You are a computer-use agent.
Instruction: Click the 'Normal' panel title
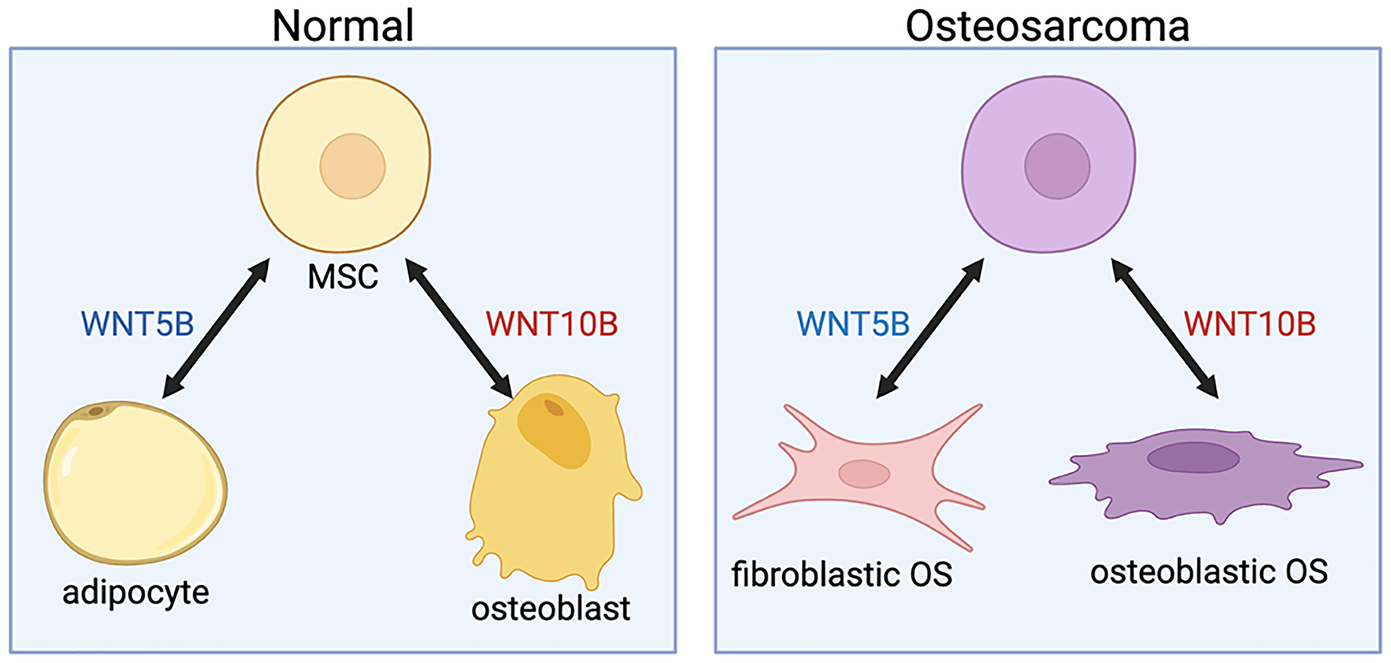point(343,26)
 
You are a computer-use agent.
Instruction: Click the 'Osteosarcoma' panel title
point(1047,26)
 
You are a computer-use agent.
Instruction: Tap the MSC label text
point(343,277)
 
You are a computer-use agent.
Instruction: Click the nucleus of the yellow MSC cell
point(353,167)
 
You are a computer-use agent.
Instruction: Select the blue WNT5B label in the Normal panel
point(137,324)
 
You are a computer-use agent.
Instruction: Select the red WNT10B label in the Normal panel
point(552,324)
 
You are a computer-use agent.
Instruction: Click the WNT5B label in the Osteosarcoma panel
point(853,324)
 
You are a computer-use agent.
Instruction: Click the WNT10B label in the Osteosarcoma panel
point(1249,324)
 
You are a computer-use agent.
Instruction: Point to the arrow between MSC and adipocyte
point(216,328)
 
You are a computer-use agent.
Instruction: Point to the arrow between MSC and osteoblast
point(459,328)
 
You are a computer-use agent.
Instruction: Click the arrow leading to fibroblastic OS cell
point(930,328)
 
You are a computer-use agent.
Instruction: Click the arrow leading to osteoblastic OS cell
point(1165,328)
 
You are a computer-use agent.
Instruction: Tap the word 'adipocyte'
point(136,593)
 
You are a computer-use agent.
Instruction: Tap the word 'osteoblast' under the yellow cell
point(550,609)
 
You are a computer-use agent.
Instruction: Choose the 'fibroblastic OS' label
point(842,575)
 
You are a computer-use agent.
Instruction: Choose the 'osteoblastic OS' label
point(1209,572)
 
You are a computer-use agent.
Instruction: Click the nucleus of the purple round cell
point(1057,167)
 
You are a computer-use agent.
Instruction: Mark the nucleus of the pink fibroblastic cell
point(864,474)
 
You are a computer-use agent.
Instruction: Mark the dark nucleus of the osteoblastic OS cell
point(1193,458)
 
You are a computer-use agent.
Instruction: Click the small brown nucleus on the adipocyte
point(96,411)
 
